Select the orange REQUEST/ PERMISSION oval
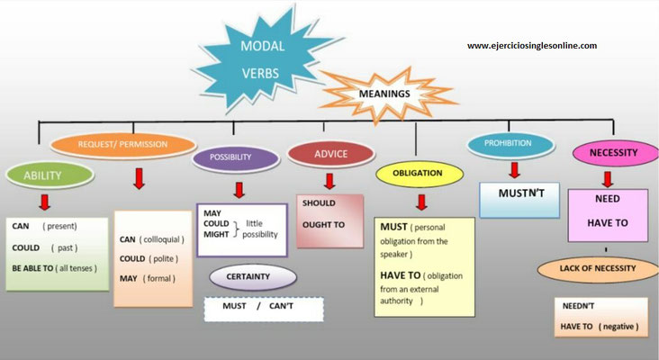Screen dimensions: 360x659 (123, 143)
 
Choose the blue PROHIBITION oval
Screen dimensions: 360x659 (507, 143)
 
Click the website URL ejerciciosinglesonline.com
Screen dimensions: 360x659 (531, 45)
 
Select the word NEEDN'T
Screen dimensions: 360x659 (579, 306)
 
